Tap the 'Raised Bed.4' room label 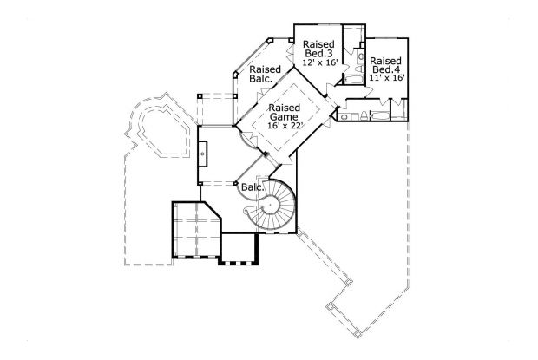pyautogui.click(x=386, y=65)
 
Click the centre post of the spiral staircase pyautogui.click(x=270, y=206)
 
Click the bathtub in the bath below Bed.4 pyautogui.click(x=380, y=115)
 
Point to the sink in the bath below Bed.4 pyautogui.click(x=344, y=114)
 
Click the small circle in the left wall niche pyautogui.click(x=203, y=154)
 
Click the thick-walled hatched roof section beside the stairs pyautogui.click(x=196, y=229)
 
